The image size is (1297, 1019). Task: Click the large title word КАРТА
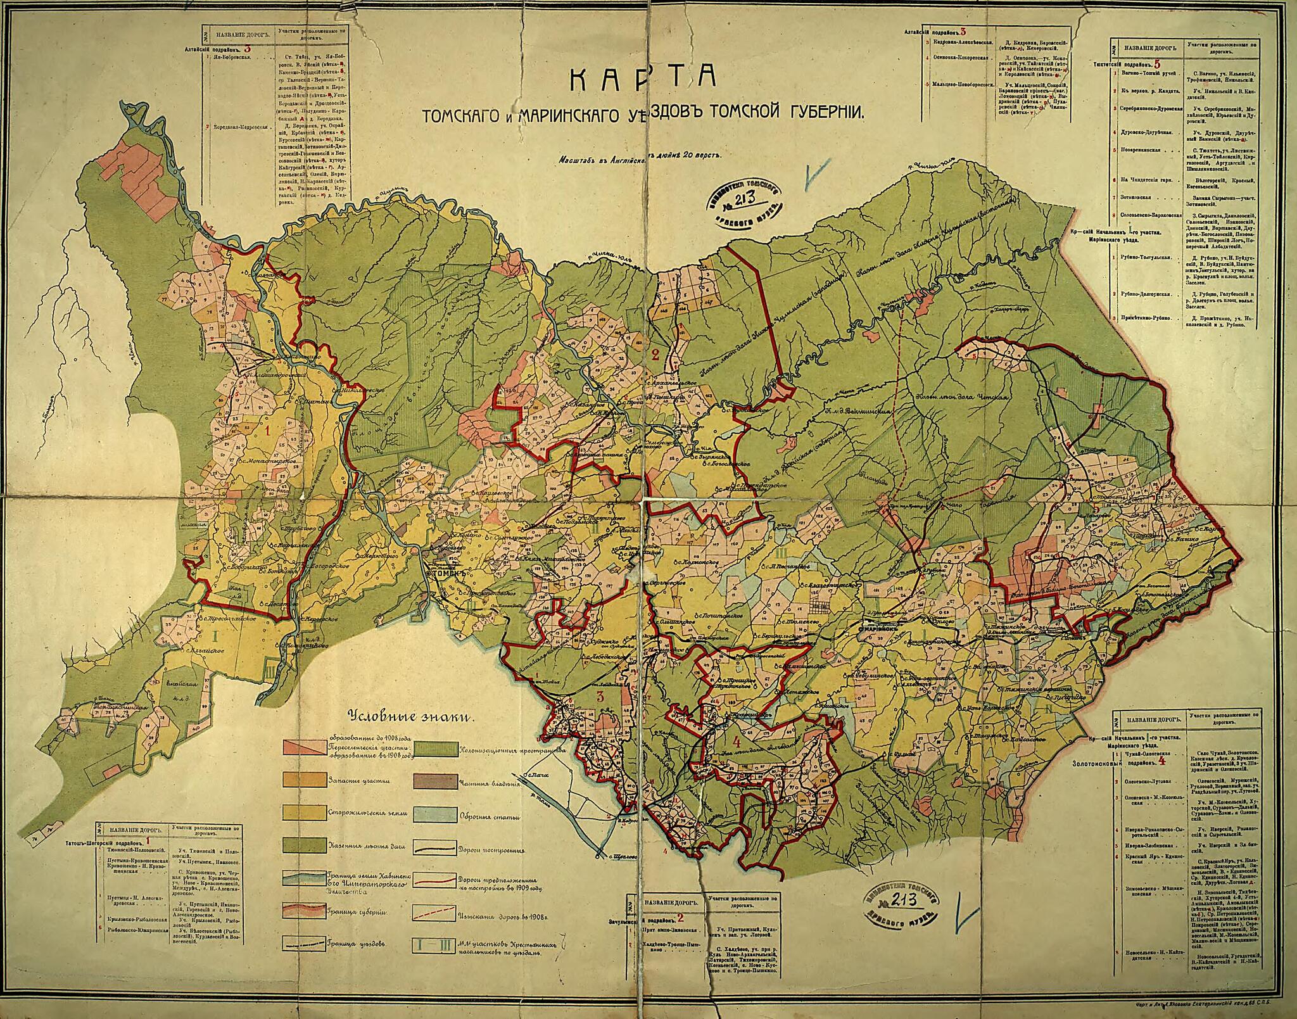tap(642, 78)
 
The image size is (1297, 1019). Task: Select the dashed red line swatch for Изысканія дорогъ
tap(436, 913)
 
